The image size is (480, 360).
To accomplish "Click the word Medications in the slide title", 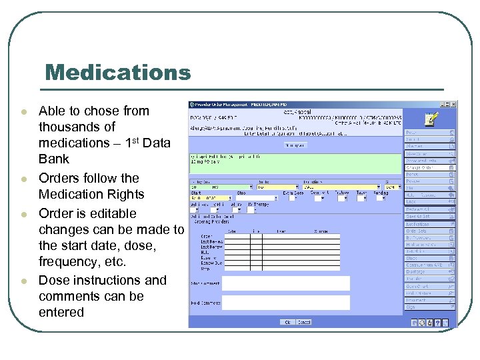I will point(117,72).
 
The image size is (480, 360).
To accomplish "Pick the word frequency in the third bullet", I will point(73,262).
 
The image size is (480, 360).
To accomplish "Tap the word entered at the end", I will point(61,312).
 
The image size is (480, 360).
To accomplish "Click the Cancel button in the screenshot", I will point(304,322).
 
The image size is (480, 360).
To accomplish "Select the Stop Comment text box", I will point(285,283).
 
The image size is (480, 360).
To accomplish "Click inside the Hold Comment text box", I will point(285,302).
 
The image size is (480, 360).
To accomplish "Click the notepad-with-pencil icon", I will point(431,119).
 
